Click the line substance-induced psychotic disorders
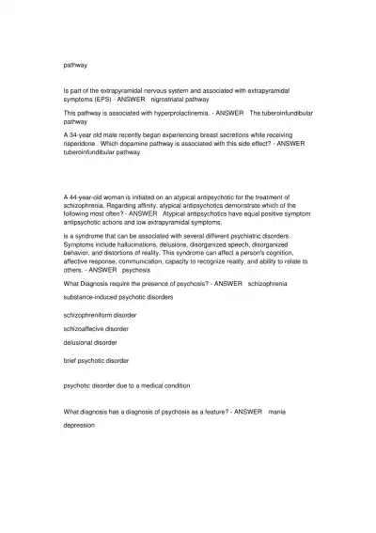pyautogui.click(x=117, y=294)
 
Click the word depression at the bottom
pyautogui.click(x=79, y=425)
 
